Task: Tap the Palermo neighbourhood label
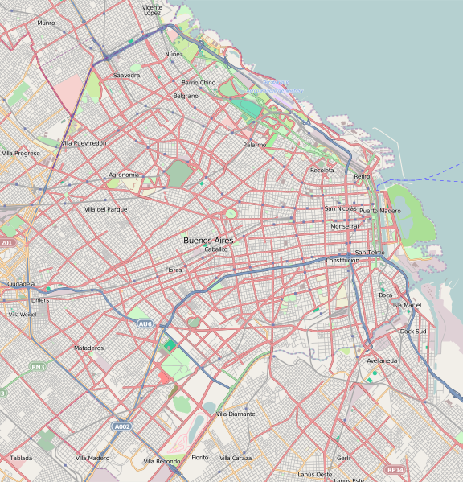click(254, 145)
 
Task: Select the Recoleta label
click(322, 171)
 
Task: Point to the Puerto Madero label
click(379, 211)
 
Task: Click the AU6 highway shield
click(145, 323)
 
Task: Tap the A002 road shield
click(121, 426)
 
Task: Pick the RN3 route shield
click(37, 367)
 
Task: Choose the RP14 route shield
click(394, 469)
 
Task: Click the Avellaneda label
click(382, 360)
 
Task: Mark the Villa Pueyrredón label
click(84, 143)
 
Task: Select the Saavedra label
click(126, 75)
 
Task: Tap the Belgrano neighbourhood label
click(186, 96)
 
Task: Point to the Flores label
click(174, 270)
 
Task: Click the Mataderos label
click(88, 348)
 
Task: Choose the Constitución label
click(342, 261)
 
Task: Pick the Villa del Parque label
click(105, 209)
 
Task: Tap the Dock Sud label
click(413, 331)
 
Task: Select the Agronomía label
click(124, 175)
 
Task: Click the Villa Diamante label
click(235, 414)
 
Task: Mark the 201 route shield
click(7, 242)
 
